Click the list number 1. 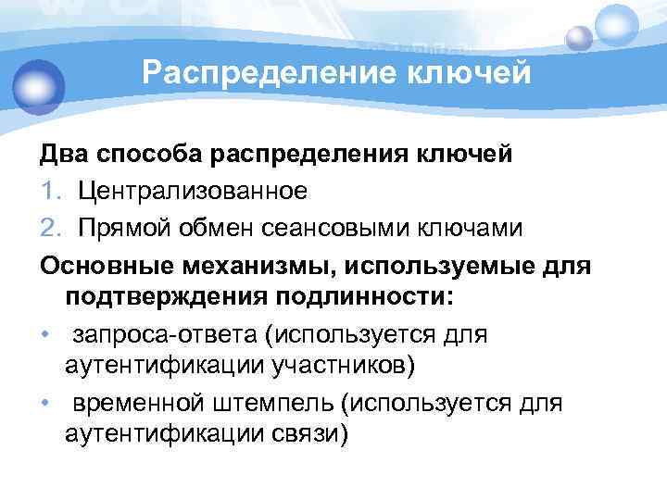(48, 191)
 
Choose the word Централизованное (192, 191)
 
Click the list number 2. (49, 227)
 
